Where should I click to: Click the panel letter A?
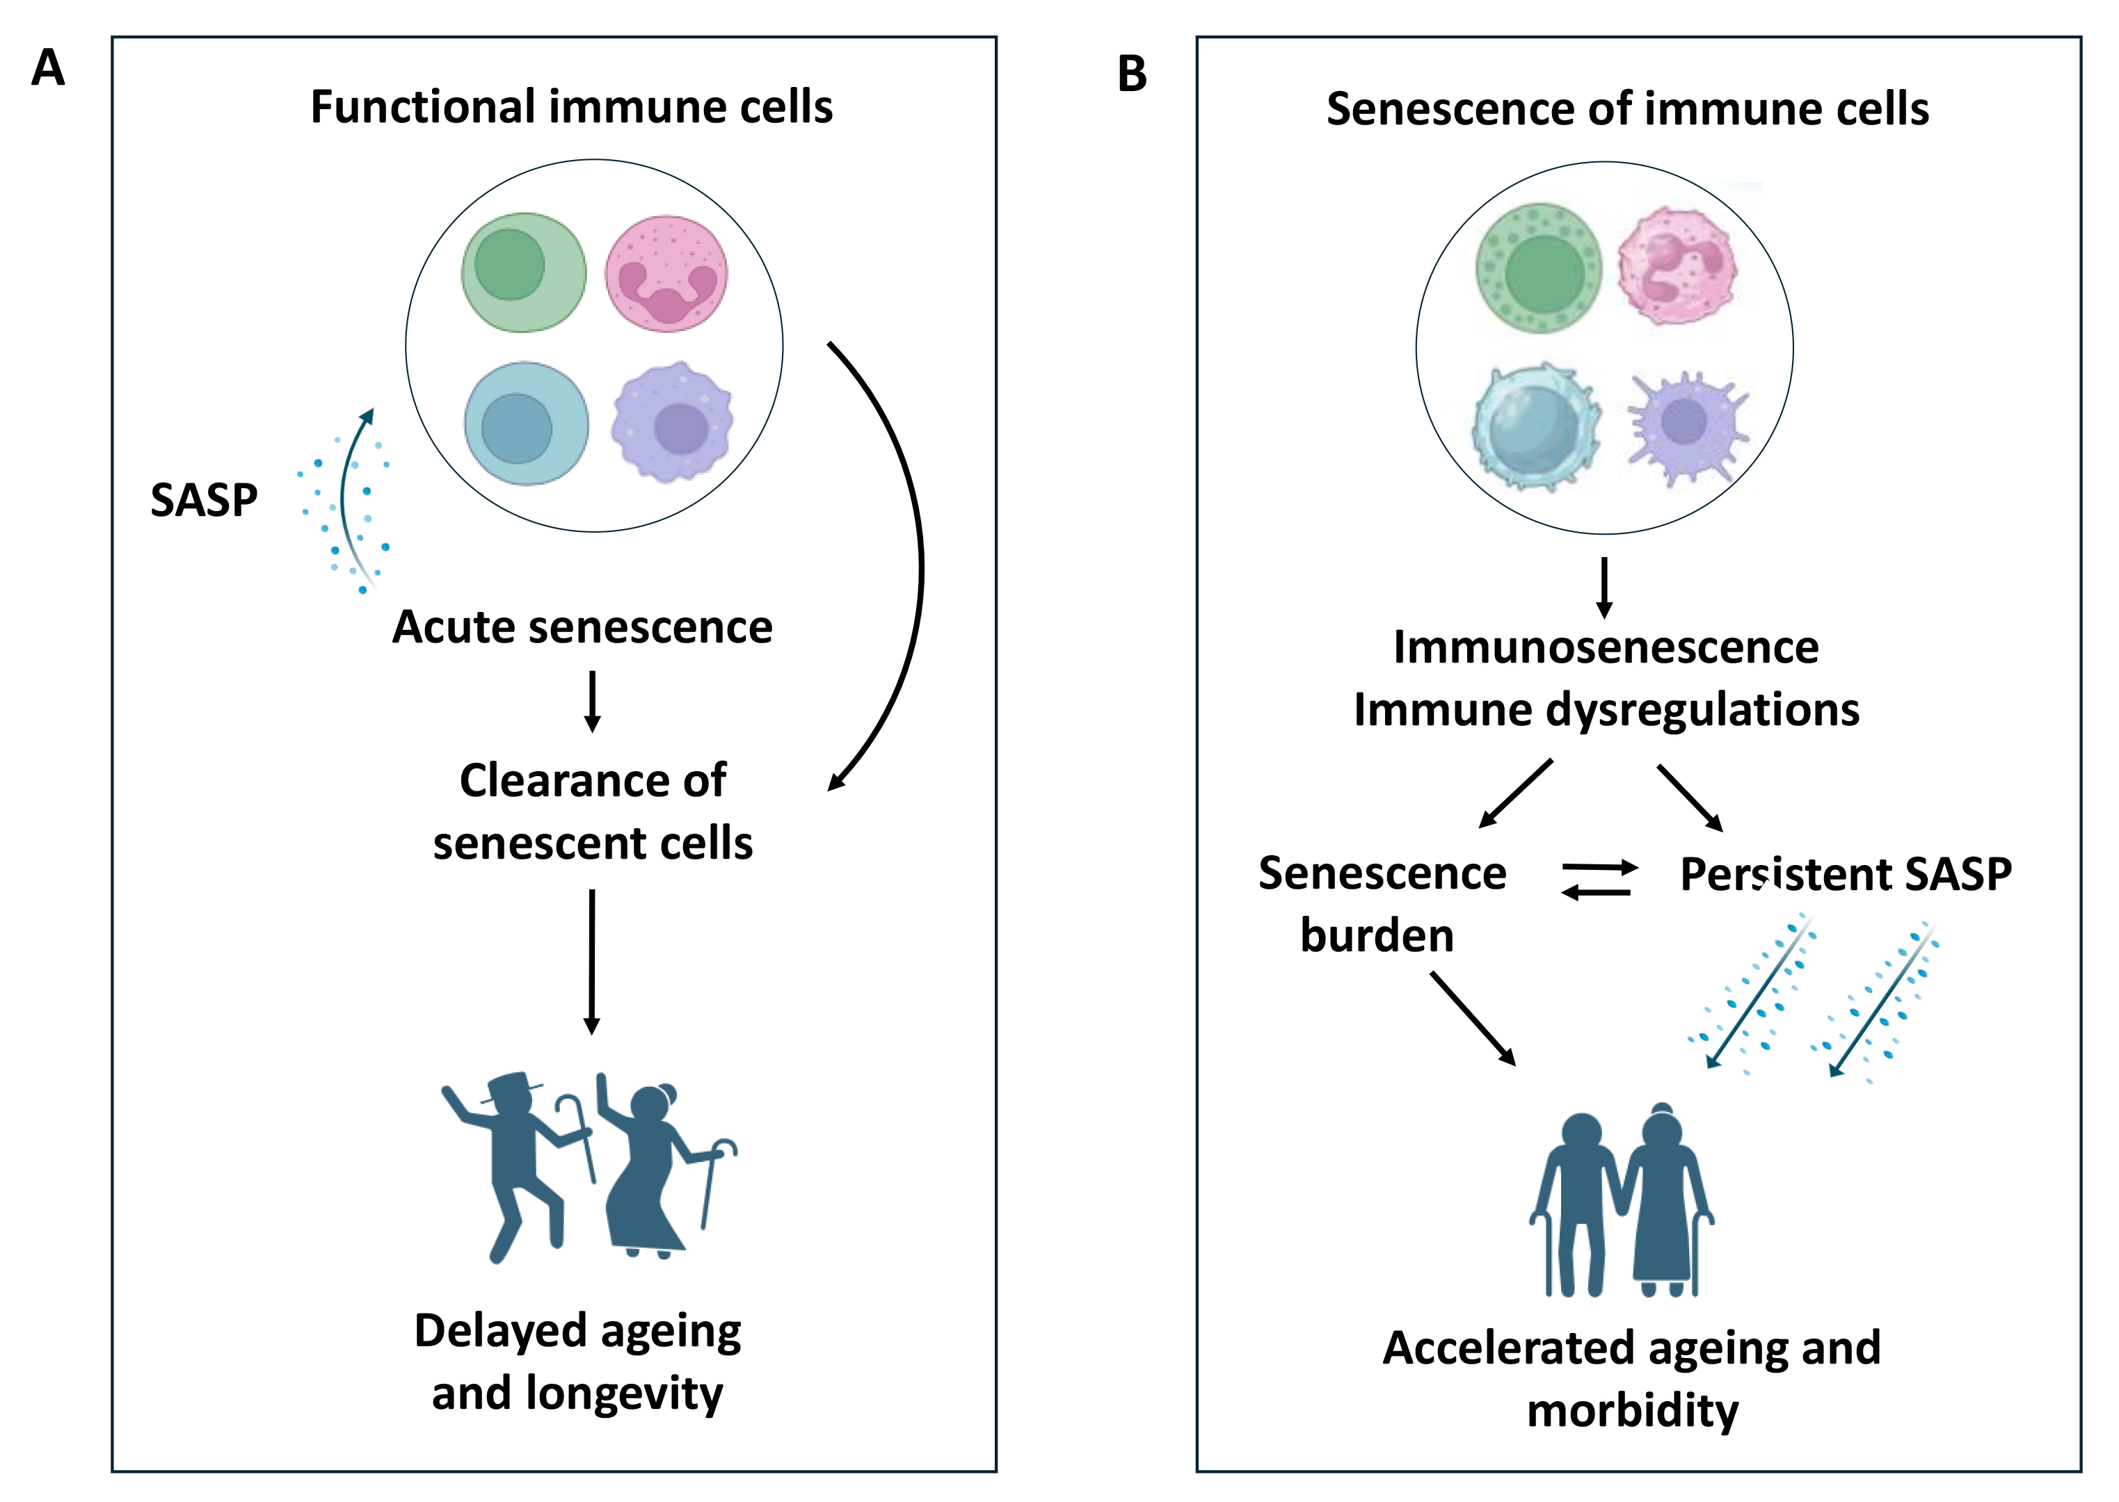point(48,67)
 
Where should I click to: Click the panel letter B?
point(1132,74)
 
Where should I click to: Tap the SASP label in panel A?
point(204,501)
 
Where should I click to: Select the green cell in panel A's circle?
point(524,272)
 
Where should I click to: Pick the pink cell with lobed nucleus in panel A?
point(666,274)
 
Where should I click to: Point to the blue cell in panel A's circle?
point(526,423)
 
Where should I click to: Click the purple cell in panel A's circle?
point(673,423)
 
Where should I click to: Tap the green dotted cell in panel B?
point(1539,268)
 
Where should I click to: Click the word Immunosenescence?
point(1606,647)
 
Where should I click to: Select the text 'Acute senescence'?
point(582,627)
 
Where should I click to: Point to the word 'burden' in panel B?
point(1376,935)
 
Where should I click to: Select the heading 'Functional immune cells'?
point(571,106)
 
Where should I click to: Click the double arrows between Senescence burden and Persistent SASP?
point(1598,880)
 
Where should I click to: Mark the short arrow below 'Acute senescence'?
point(592,701)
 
